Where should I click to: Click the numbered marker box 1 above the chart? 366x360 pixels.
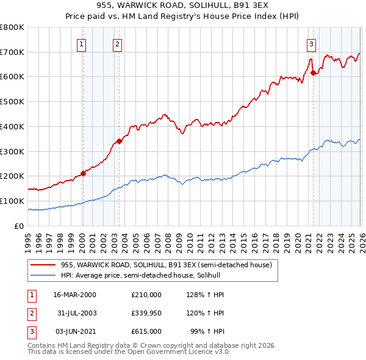(x=82, y=43)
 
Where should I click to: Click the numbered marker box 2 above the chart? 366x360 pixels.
(x=117, y=43)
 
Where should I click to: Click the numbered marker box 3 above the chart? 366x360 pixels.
(x=311, y=43)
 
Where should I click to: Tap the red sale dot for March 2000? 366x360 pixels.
(x=83, y=173)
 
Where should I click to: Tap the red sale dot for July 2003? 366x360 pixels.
(x=119, y=141)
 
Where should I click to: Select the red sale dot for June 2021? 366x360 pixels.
(x=314, y=73)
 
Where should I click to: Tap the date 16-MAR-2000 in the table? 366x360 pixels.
(x=74, y=295)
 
